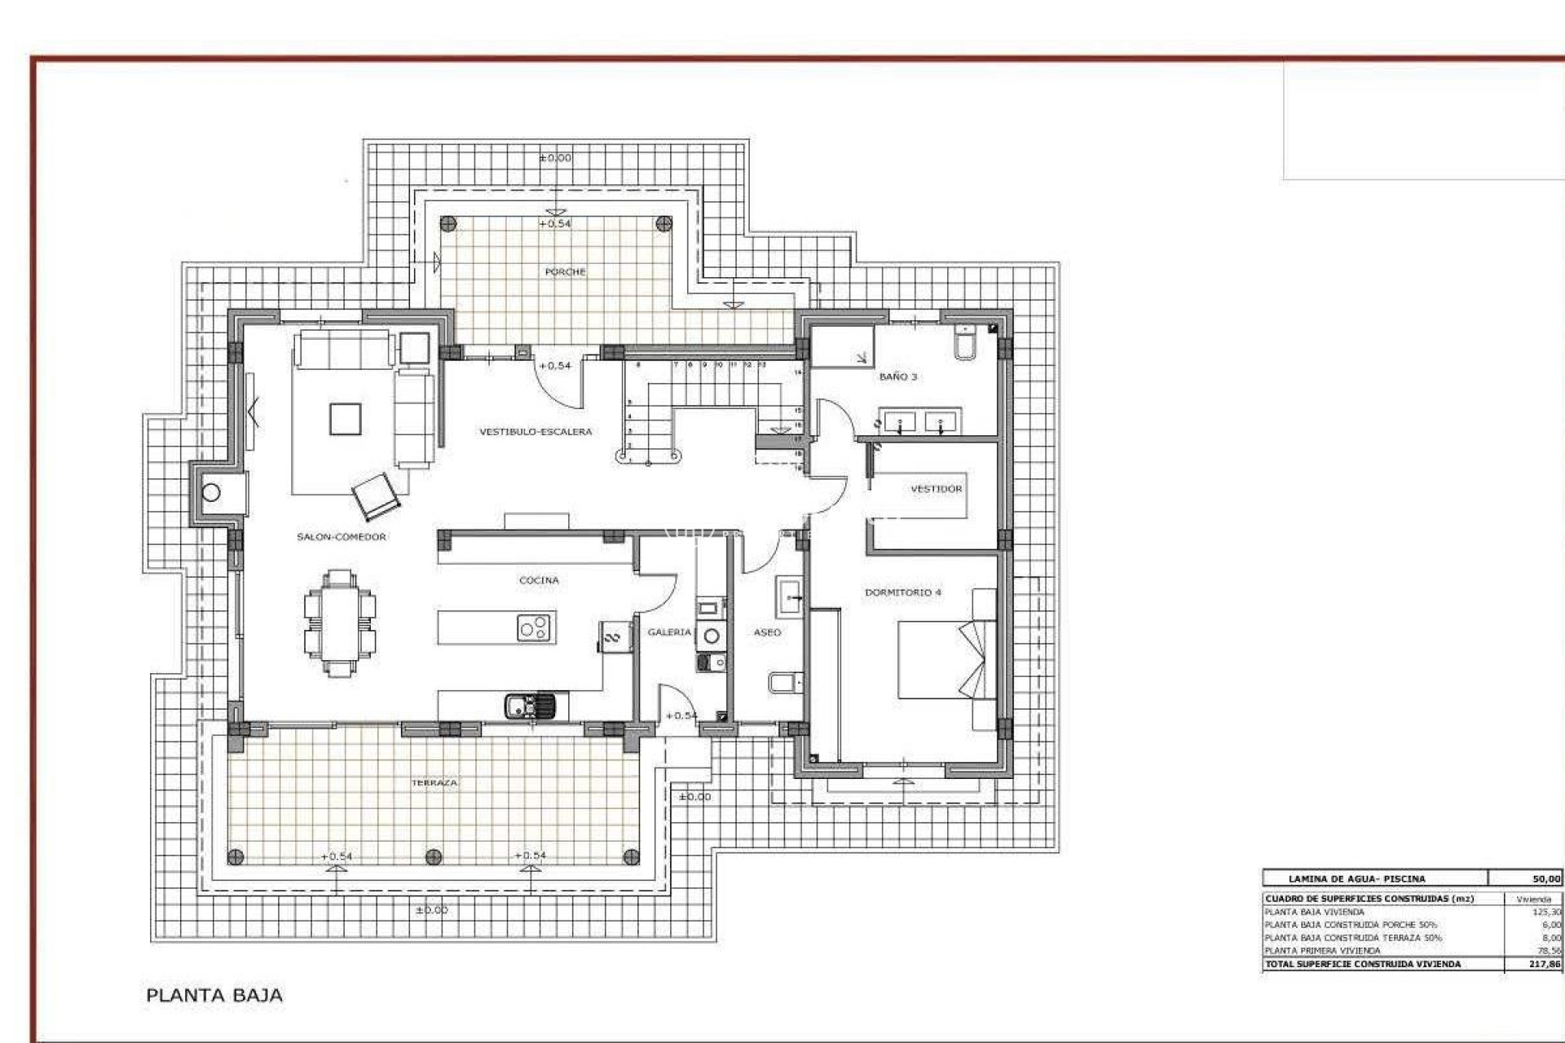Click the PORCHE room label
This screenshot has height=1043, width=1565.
[x=565, y=271]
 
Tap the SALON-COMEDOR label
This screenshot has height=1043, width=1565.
[x=341, y=536]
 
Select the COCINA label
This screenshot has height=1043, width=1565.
[x=539, y=580]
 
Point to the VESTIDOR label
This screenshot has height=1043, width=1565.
[x=936, y=489]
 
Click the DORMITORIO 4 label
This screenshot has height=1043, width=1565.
[x=902, y=592]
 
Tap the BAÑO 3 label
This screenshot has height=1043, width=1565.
[x=897, y=376]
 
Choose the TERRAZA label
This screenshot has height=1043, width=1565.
[x=434, y=782]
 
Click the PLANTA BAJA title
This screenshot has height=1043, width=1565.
[x=214, y=995]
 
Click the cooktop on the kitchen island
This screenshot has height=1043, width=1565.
[x=535, y=628]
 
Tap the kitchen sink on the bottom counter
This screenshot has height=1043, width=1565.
[x=528, y=705]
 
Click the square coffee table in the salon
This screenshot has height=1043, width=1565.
[x=345, y=419]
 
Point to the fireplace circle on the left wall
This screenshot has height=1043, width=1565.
[x=211, y=492]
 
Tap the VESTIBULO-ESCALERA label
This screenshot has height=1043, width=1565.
[x=536, y=432]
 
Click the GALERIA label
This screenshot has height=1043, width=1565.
[x=668, y=632]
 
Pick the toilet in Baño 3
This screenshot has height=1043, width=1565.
[x=964, y=342]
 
